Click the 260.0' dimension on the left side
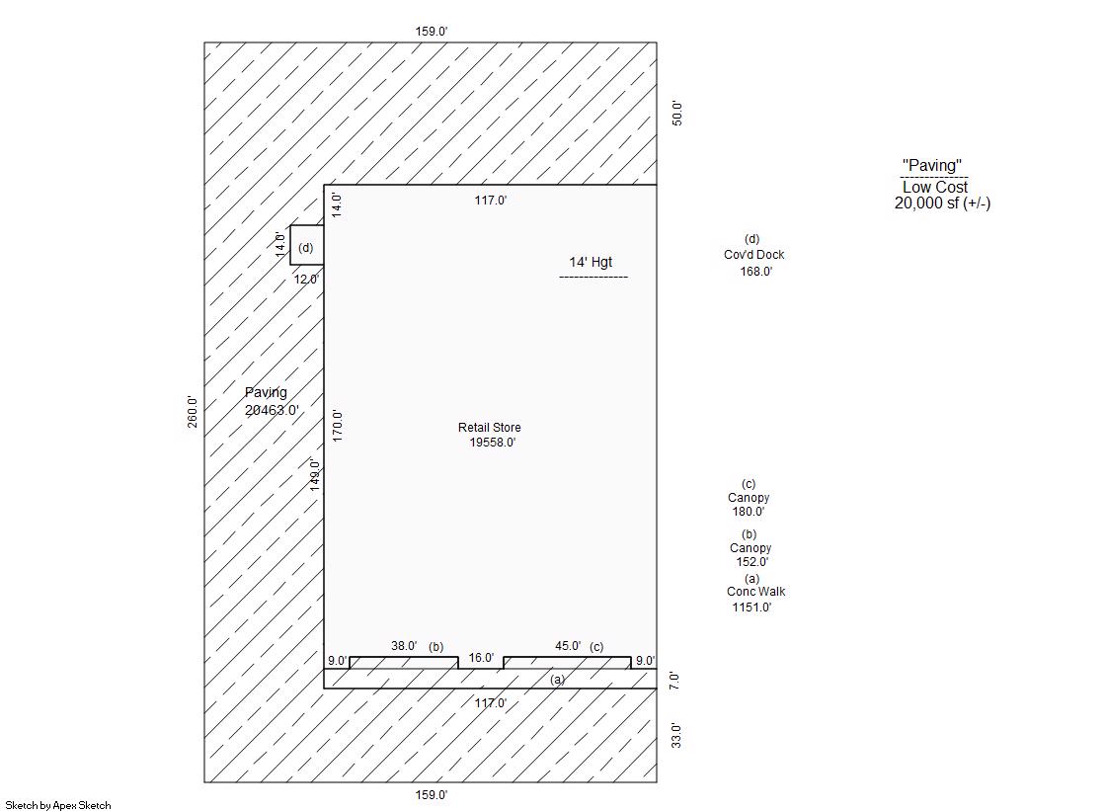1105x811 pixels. point(193,412)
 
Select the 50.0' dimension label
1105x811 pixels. point(676,113)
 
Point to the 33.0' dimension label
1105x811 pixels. point(676,735)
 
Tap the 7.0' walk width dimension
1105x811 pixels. point(674,680)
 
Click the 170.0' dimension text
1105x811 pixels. point(337,425)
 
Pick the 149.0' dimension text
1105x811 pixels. point(315,474)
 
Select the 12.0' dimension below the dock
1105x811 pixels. point(306,280)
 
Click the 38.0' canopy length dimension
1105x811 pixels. point(404,646)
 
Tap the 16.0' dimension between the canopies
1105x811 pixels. point(481,658)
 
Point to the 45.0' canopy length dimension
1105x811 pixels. point(568,646)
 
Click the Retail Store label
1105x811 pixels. point(489,428)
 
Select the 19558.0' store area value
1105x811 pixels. point(492,443)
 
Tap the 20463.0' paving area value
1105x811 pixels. point(272,410)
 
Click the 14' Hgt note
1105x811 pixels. point(591,262)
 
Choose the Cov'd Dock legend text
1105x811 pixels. point(753,255)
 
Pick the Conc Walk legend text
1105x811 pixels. point(755,592)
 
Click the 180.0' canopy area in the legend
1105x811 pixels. point(748,512)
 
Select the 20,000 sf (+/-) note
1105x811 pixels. point(942,203)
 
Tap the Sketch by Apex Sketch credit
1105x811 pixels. point(58,805)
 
